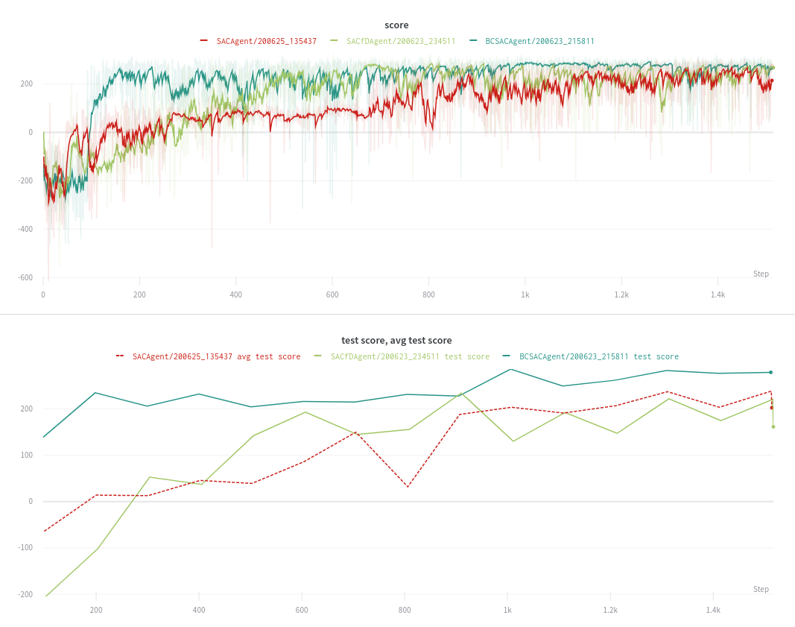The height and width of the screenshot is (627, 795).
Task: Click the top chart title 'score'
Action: pos(396,25)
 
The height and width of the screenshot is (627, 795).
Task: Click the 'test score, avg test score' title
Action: pos(396,340)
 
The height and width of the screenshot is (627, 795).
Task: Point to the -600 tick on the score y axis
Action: pos(25,277)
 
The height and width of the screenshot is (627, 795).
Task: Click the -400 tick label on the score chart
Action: pos(25,229)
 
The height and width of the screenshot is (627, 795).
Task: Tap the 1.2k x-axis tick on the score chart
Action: pos(621,294)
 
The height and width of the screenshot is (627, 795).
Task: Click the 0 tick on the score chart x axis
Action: pos(43,294)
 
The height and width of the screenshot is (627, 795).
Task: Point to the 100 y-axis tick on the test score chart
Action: pos(26,455)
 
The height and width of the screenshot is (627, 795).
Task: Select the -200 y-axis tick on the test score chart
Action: pos(25,594)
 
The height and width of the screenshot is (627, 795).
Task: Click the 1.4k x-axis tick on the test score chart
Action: pos(713,610)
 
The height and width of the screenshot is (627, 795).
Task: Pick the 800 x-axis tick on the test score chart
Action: pos(405,610)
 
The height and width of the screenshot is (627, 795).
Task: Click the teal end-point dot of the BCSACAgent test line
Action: pos(770,372)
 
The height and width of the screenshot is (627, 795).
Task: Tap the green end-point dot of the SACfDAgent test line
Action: pos(773,426)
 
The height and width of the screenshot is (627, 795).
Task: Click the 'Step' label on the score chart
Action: pos(761,274)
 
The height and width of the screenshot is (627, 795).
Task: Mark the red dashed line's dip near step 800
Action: pos(408,487)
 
